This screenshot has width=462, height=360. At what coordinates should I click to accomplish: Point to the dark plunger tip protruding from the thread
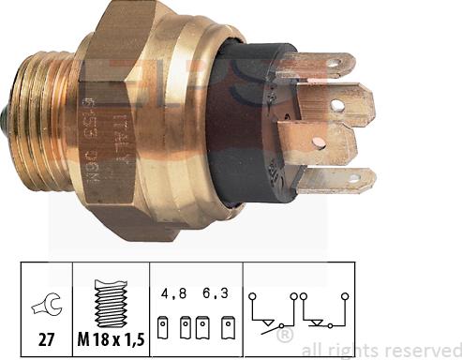click(8, 117)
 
